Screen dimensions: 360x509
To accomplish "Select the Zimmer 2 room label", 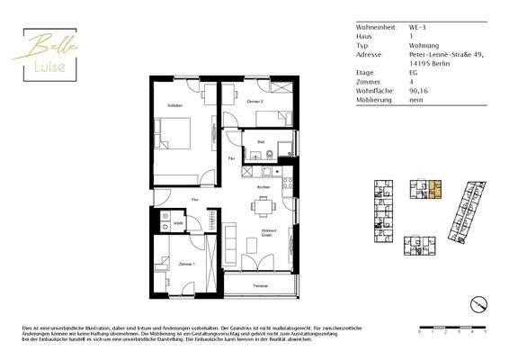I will point(254,103).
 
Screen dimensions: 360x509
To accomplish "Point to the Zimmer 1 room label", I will point(186,265).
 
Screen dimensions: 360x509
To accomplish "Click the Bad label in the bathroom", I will point(260,142).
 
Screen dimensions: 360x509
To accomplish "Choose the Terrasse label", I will point(260,285).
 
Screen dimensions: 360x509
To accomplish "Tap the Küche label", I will point(263,186).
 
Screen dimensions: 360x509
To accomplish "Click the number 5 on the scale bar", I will point(484,332).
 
